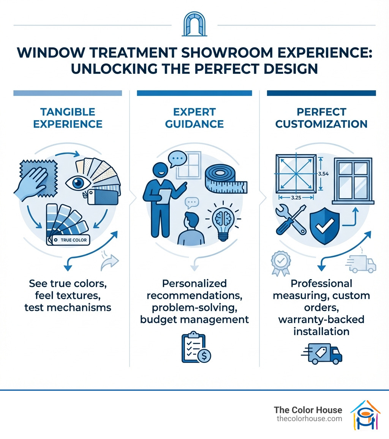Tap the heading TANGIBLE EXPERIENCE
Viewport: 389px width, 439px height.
(68, 118)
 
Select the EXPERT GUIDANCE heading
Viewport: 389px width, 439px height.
(194, 118)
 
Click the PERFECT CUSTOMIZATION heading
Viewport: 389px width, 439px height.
(321, 118)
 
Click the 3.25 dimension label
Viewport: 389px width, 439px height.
(296, 198)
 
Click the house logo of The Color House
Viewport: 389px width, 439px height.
(365, 415)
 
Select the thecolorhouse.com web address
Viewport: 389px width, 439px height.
(309, 418)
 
